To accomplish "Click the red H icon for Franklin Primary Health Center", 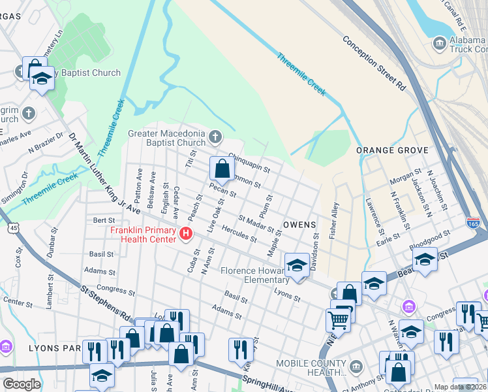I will pyautogui.click(x=187, y=233).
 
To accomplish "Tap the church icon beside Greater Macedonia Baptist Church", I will pyautogui.click(x=216, y=137).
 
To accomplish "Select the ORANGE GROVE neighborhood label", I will pyautogui.click(x=392, y=150).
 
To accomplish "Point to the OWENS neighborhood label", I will pyautogui.click(x=299, y=224).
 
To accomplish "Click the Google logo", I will pyautogui.click(x=22, y=384).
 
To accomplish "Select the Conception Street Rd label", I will pyautogui.click(x=374, y=62).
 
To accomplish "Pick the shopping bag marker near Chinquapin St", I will pyautogui.click(x=222, y=169).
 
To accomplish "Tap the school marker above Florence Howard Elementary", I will pyautogui.click(x=297, y=265).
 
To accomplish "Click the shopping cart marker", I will pyautogui.click(x=337, y=320).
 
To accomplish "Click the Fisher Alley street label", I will pyautogui.click(x=334, y=220).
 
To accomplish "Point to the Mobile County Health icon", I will pyautogui.click(x=356, y=364).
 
